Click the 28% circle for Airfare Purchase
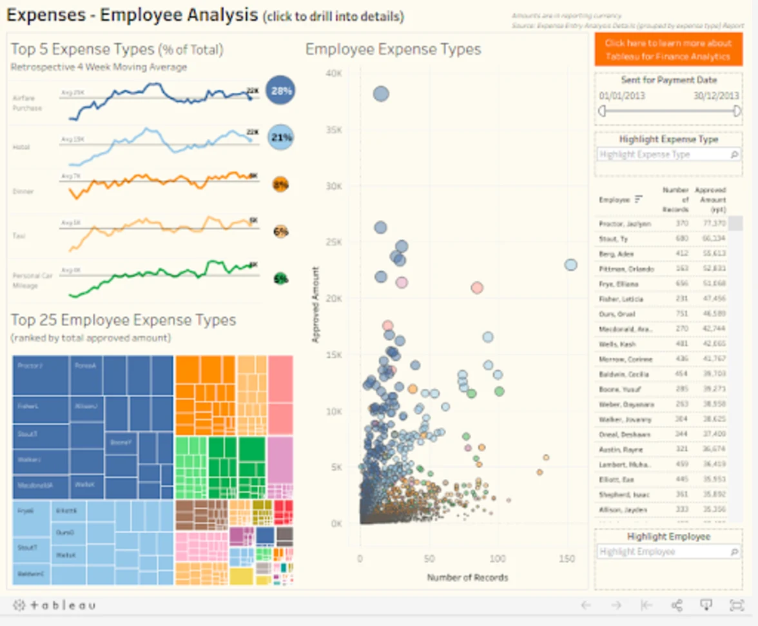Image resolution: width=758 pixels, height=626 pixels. tap(281, 91)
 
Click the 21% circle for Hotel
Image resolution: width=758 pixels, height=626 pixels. tap(280, 137)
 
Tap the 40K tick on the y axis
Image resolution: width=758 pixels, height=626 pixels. tap(333, 73)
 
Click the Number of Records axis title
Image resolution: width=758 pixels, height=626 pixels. tap(467, 577)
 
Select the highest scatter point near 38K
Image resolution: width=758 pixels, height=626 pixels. tap(381, 94)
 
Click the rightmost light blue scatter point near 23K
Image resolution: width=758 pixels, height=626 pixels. tap(570, 264)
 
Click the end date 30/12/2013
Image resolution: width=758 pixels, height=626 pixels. tap(716, 95)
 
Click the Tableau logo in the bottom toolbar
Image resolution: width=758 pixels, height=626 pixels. tap(55, 605)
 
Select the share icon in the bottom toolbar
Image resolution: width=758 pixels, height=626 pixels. tap(677, 605)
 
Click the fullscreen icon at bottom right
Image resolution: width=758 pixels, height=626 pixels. tap(736, 605)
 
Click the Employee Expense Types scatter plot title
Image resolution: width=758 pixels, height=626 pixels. tap(393, 50)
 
